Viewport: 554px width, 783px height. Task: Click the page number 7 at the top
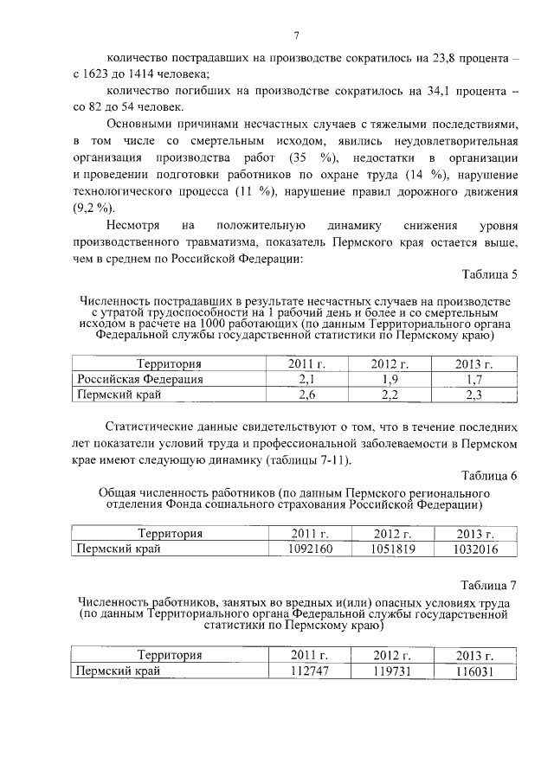tap(296, 35)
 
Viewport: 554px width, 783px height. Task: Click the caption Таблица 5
tap(490, 275)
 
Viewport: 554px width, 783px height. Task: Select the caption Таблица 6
tap(490, 476)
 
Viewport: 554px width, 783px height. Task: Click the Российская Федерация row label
tap(140, 379)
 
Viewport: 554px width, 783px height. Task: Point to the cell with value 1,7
tap(473, 379)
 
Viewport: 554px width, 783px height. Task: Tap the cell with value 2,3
tap(473, 395)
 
